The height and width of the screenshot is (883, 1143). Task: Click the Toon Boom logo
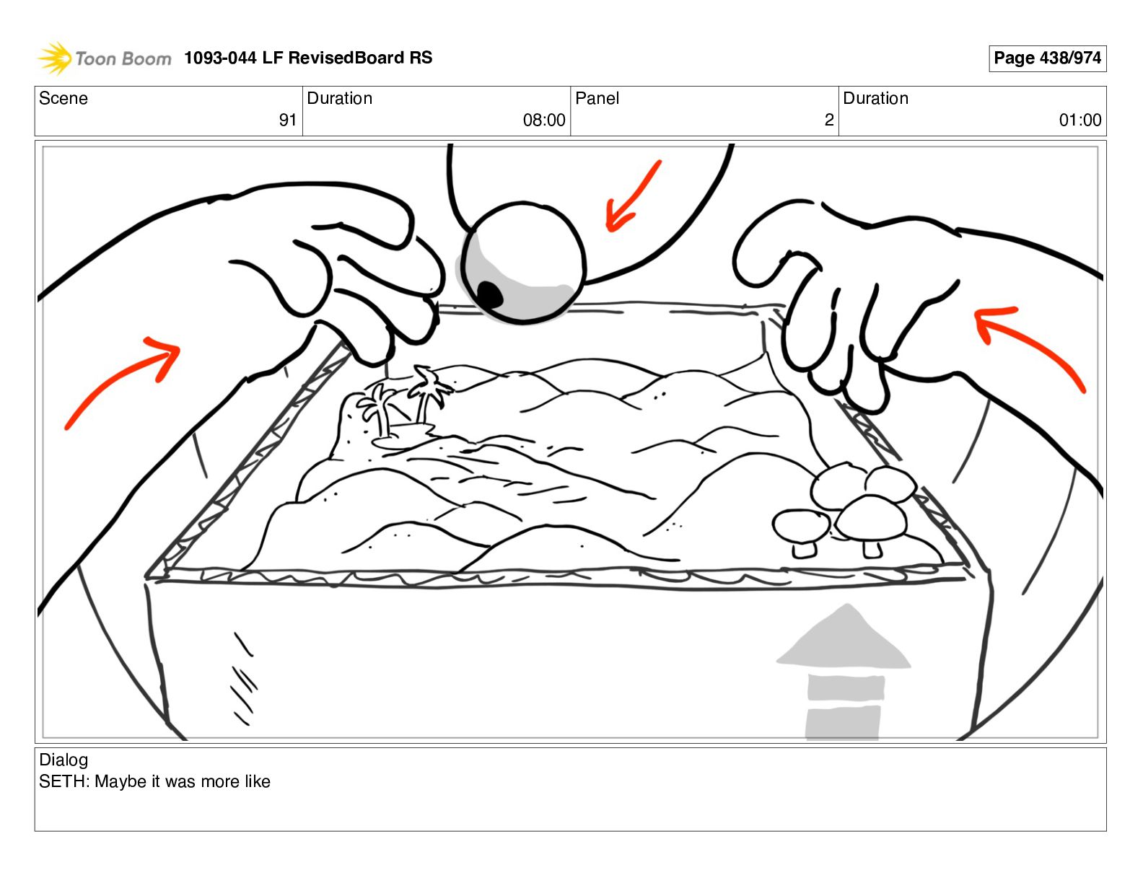point(104,58)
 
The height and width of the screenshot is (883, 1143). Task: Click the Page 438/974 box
point(1047,58)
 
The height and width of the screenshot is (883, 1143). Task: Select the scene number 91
point(287,120)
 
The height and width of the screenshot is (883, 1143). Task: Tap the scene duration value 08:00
point(543,120)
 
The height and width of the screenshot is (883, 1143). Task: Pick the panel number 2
point(829,120)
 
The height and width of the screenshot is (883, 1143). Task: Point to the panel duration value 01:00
point(1079,120)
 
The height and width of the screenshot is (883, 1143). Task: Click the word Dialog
point(63,760)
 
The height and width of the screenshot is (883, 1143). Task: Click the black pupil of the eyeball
point(490,294)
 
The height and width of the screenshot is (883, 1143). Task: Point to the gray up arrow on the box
point(844,671)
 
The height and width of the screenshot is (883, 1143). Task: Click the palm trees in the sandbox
point(404,404)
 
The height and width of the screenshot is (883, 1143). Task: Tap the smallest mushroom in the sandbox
point(800,530)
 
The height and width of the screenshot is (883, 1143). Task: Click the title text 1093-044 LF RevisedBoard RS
point(308,58)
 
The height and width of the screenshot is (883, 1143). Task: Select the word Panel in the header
point(597,98)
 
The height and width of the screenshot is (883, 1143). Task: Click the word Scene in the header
point(63,98)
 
